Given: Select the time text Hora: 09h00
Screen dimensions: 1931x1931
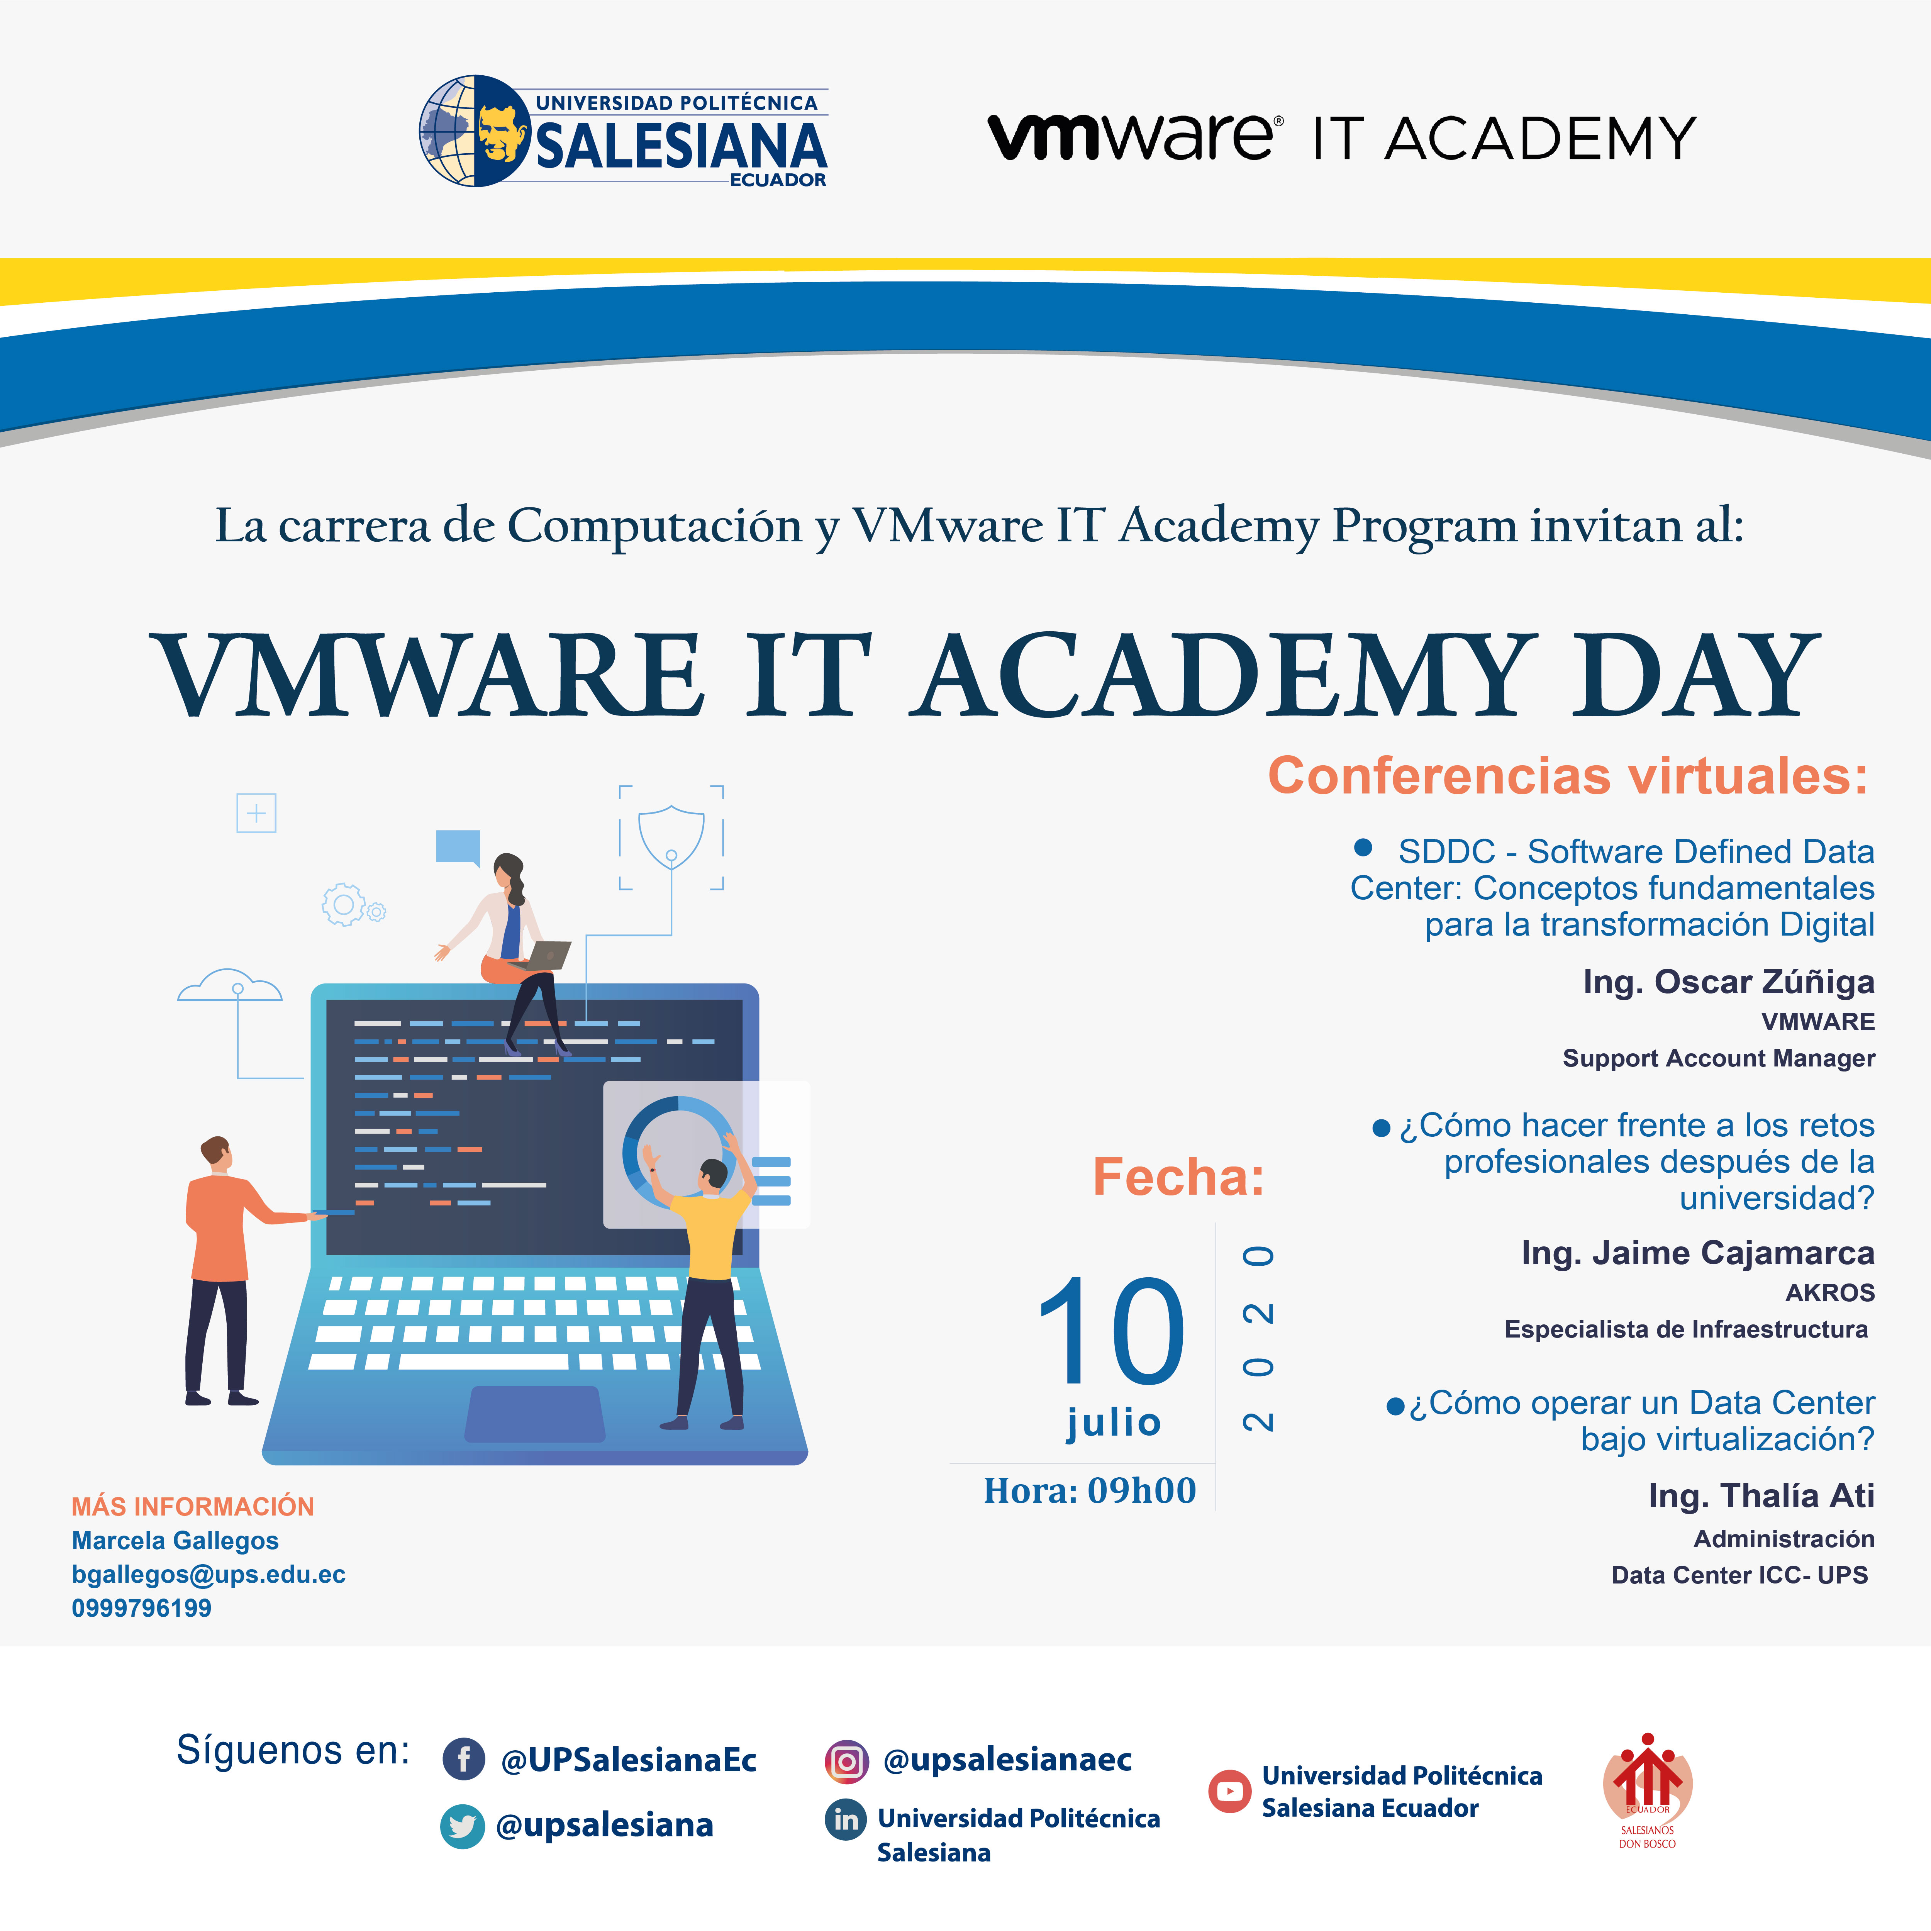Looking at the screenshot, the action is [1089, 1490].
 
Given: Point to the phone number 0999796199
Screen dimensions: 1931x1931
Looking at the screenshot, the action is [141, 1608].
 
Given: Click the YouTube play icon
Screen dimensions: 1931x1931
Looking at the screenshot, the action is [1229, 1791].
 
